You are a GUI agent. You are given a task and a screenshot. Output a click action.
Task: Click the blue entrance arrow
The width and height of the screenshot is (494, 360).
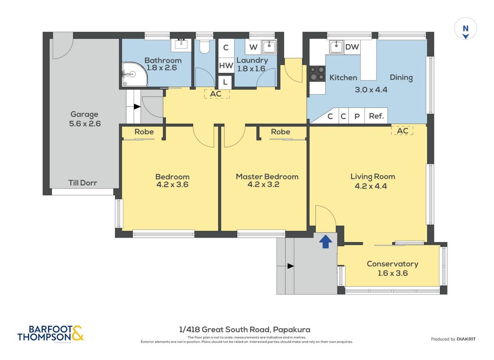326,242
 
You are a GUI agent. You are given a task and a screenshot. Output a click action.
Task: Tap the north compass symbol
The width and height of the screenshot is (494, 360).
465,29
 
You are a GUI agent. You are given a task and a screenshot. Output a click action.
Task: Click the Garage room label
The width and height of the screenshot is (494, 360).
84,114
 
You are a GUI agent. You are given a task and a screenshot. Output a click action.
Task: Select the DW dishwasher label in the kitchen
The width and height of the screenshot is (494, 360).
352,47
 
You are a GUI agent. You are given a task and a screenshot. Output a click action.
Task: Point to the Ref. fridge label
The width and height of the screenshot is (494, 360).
376,116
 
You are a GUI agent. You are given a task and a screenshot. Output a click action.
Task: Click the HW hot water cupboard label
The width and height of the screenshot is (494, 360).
226,66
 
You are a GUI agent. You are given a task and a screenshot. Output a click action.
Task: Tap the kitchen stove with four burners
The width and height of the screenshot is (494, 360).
317,74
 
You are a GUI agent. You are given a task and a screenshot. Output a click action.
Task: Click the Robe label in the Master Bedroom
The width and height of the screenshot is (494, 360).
281,132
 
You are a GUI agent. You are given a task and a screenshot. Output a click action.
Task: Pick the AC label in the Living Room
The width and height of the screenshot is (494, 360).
402,130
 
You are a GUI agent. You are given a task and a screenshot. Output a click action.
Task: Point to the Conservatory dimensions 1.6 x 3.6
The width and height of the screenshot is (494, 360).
393,273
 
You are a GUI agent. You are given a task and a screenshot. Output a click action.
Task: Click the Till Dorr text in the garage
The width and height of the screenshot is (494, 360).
83,183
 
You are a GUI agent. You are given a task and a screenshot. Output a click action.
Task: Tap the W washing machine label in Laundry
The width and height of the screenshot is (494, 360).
253,47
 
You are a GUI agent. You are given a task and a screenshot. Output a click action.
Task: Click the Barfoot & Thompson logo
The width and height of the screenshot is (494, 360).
50,333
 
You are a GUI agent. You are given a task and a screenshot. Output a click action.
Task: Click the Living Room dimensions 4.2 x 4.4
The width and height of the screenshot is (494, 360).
371,186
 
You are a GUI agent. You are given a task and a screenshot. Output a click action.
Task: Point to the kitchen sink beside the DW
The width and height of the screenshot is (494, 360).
336,47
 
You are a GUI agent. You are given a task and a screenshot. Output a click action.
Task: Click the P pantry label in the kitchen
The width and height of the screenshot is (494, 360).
357,116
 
